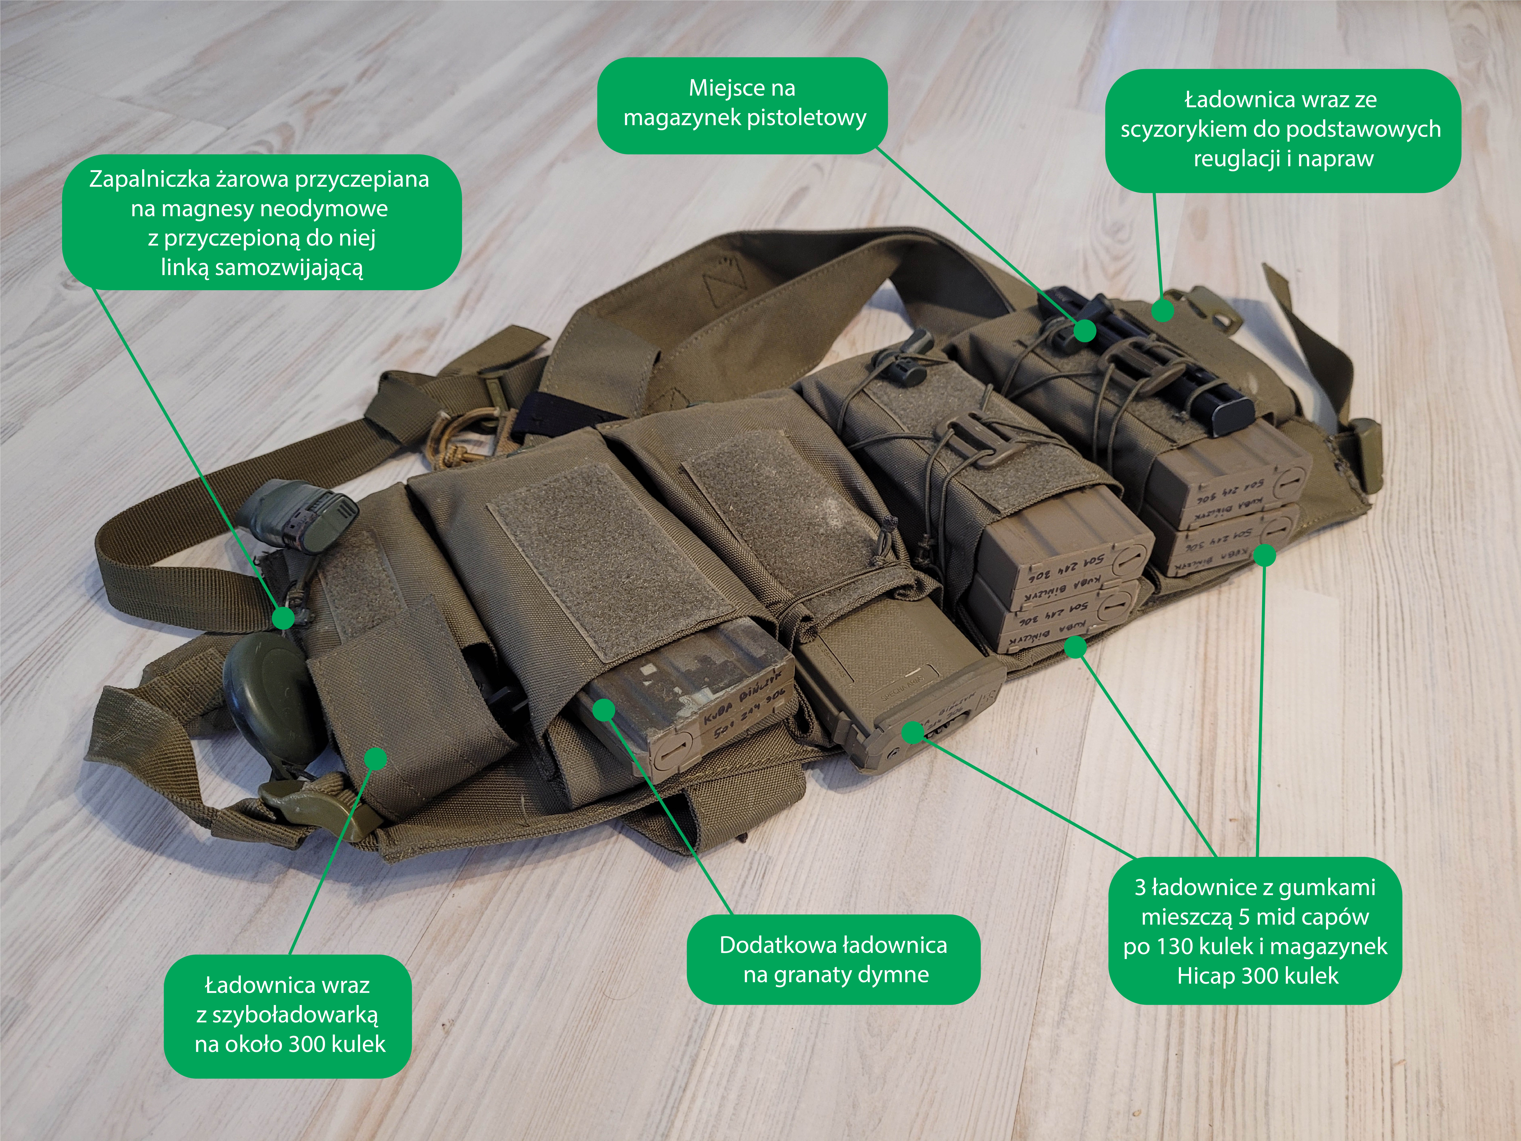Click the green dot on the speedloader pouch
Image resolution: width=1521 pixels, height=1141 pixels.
pos(375,759)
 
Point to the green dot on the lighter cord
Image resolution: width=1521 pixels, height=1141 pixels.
pos(283,618)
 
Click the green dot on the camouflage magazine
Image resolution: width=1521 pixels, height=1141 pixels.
pos(604,710)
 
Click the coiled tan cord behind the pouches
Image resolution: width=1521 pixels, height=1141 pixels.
pos(468,430)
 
